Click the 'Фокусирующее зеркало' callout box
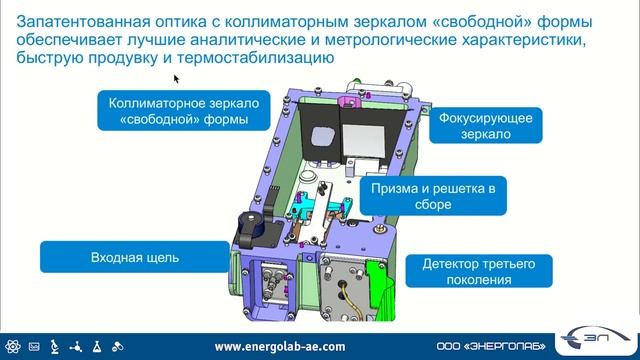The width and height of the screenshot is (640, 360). coord(485,127)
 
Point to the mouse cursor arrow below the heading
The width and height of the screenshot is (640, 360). coord(177,78)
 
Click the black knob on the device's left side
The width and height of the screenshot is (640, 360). coord(247,226)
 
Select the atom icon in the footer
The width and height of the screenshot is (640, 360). coord(13,346)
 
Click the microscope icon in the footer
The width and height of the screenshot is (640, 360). coord(54,346)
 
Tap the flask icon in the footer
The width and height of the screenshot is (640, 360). coord(95,346)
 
